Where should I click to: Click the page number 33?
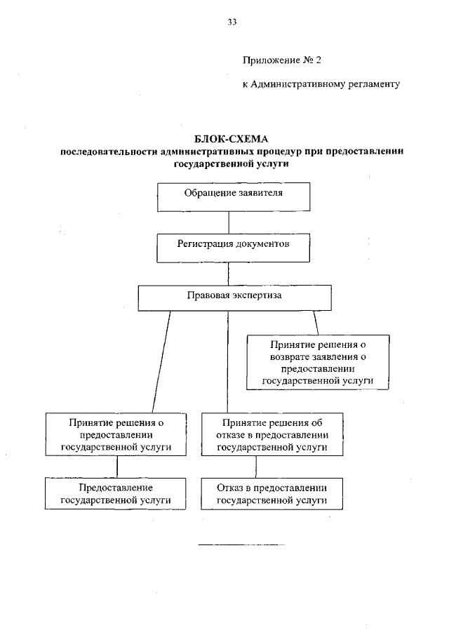[x=232, y=22]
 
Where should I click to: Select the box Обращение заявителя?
[x=228, y=196]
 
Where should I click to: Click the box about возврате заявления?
[x=319, y=362]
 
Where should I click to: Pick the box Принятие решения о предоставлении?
[x=116, y=435]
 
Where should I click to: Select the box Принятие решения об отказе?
[x=272, y=435]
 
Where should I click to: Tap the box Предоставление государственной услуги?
[x=116, y=494]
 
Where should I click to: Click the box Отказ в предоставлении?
[x=272, y=494]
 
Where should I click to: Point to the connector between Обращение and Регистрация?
[x=228, y=222]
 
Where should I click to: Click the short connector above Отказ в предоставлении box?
[x=256, y=467]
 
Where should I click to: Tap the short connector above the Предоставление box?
[x=116, y=467]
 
